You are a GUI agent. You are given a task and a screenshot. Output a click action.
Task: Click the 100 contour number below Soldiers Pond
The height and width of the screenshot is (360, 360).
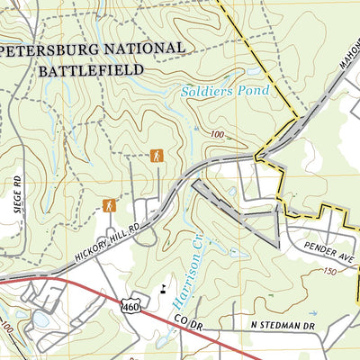217,135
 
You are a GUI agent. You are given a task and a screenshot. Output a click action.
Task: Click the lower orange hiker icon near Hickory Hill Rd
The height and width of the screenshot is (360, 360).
110,205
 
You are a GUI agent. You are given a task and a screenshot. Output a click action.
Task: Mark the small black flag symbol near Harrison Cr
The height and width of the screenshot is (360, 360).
163,289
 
